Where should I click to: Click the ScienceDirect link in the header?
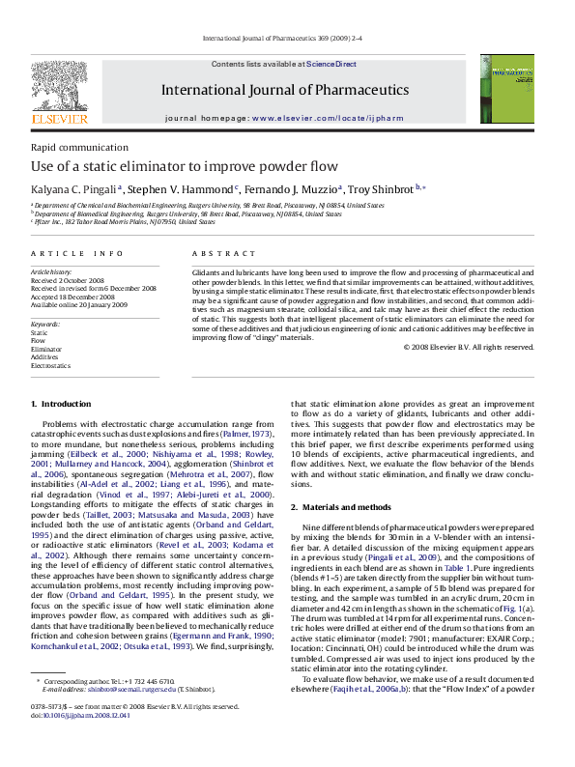click(x=331, y=64)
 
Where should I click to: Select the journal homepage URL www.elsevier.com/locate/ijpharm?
click(x=325, y=116)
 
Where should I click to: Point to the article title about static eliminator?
click(x=169, y=166)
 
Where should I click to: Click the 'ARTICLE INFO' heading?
click(x=76, y=253)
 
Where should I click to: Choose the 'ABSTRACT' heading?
click(x=216, y=253)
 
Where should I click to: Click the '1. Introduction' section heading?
click(x=60, y=404)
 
